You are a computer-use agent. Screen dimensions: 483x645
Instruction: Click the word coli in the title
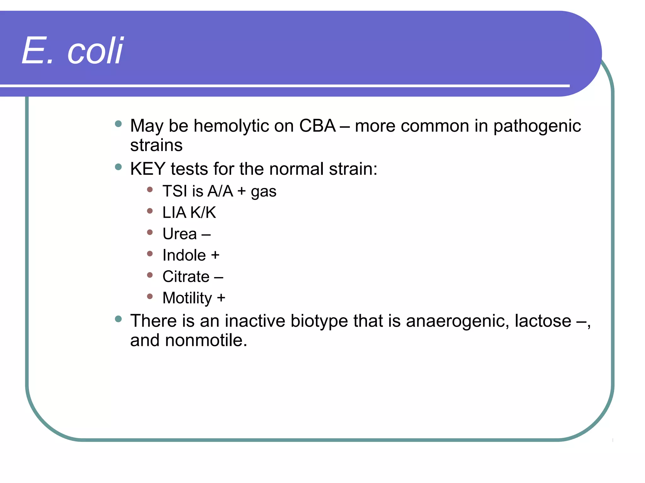[95, 51]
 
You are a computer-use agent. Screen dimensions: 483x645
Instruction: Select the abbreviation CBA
[317, 126]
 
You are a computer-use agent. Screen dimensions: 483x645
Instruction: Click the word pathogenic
[537, 126]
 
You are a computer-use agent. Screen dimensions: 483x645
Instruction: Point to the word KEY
[147, 169]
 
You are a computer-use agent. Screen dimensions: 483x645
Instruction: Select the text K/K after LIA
[203, 213]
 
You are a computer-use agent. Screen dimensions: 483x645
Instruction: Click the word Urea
[180, 234]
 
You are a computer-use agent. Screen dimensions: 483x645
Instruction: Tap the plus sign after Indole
[215, 255]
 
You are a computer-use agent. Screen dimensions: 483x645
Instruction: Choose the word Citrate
[186, 277]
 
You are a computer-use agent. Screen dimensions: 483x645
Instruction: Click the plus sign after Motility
[221, 298]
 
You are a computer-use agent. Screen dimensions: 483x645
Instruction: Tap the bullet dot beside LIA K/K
[150, 211]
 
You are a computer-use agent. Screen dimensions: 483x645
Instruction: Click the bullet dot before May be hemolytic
[118, 124]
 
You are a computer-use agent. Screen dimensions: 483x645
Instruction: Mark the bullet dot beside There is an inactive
[118, 319]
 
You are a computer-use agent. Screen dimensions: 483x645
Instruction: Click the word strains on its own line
[156, 145]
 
